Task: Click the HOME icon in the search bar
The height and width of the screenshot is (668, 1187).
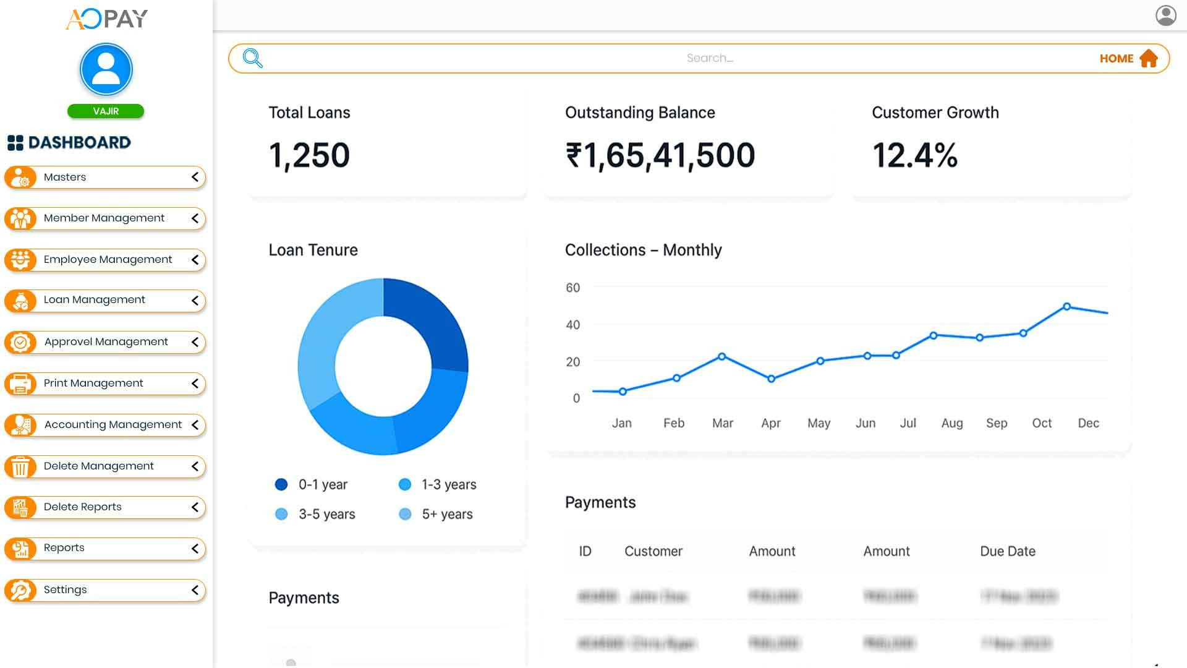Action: pyautogui.click(x=1148, y=58)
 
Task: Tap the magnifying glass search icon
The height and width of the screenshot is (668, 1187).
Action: pyautogui.click(x=253, y=58)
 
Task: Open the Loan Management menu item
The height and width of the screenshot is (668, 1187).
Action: pyautogui.click(x=94, y=300)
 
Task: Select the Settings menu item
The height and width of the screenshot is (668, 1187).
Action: pyautogui.click(x=65, y=590)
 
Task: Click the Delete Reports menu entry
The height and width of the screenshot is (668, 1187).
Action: pyautogui.click(x=82, y=507)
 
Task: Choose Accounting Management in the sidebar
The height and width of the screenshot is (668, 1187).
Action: pyautogui.click(x=113, y=425)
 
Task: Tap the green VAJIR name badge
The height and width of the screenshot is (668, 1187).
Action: pyautogui.click(x=106, y=111)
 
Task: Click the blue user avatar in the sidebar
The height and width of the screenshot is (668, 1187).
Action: pyautogui.click(x=106, y=69)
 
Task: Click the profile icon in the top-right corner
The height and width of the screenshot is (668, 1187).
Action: pyautogui.click(x=1165, y=15)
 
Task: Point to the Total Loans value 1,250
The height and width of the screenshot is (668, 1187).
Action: pyautogui.click(x=309, y=155)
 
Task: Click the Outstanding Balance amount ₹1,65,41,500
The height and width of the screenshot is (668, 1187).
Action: pyautogui.click(x=660, y=155)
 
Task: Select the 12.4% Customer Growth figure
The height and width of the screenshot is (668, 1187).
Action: pyautogui.click(x=914, y=155)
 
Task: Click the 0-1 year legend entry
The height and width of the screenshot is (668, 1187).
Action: pyautogui.click(x=322, y=485)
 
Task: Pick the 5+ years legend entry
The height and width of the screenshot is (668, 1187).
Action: pyautogui.click(x=446, y=515)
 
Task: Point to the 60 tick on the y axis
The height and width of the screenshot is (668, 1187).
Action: pyautogui.click(x=572, y=288)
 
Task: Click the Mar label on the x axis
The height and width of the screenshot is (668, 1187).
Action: pyautogui.click(x=722, y=424)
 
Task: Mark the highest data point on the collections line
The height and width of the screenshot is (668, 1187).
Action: pyautogui.click(x=1066, y=307)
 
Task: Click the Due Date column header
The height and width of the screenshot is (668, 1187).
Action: pyautogui.click(x=1007, y=552)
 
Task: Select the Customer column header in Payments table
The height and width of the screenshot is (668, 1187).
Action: pyautogui.click(x=653, y=552)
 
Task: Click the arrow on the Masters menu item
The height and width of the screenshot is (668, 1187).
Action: pyautogui.click(x=195, y=178)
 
